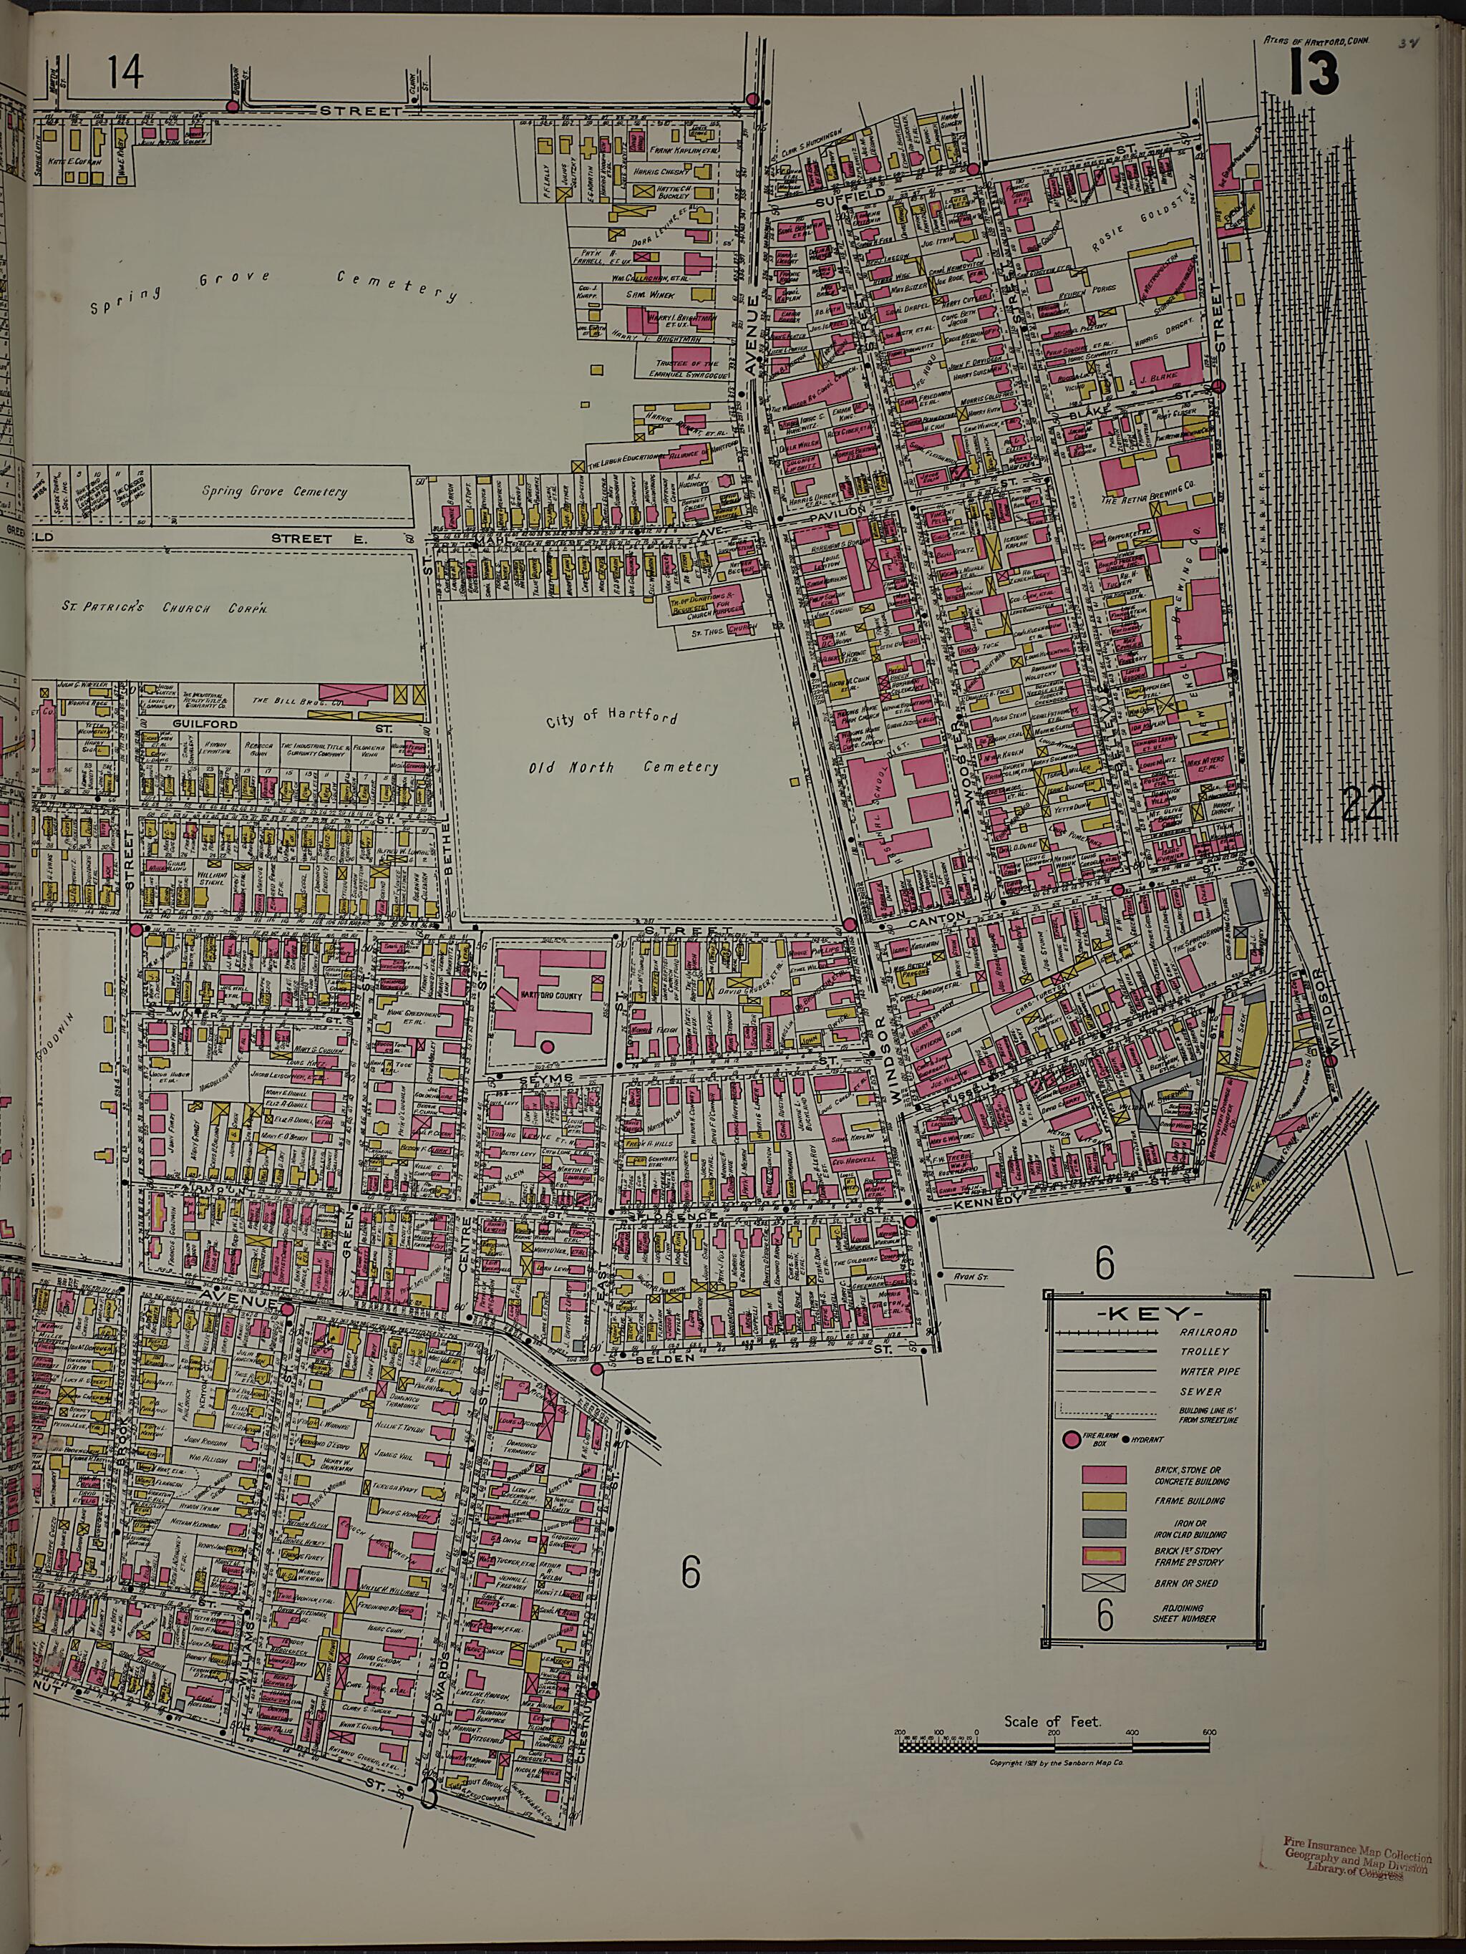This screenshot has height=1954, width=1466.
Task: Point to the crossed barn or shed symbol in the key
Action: (1104, 1582)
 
